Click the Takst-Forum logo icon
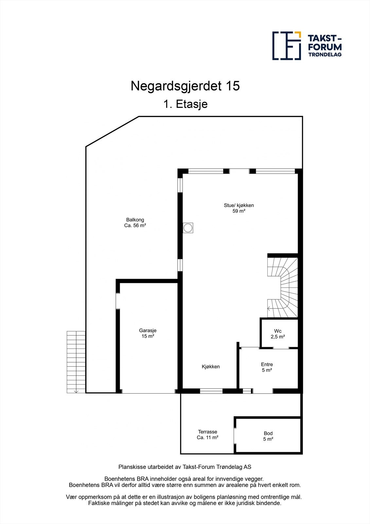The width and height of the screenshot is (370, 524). click(x=287, y=46)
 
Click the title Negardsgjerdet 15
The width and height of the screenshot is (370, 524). click(x=185, y=86)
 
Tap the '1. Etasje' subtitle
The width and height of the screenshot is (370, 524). click(x=185, y=104)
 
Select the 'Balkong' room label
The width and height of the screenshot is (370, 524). click(x=135, y=220)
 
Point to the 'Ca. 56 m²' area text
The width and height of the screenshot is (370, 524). click(x=135, y=226)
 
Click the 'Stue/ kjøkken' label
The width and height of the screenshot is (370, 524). click(x=239, y=205)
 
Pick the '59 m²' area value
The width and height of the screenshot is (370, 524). click(x=239, y=211)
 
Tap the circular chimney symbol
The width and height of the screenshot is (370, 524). click(x=188, y=228)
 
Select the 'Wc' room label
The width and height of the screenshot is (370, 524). click(x=278, y=331)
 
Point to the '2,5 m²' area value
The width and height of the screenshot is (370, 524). click(x=278, y=337)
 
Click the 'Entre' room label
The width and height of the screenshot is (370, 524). click(x=267, y=364)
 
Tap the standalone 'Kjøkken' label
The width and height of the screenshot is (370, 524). click(x=211, y=366)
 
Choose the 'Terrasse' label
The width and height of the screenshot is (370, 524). click(x=207, y=432)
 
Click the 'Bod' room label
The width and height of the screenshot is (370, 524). click(x=268, y=433)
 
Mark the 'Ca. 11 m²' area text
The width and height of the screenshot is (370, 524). click(x=207, y=438)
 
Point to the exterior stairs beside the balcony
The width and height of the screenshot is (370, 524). click(x=76, y=362)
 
